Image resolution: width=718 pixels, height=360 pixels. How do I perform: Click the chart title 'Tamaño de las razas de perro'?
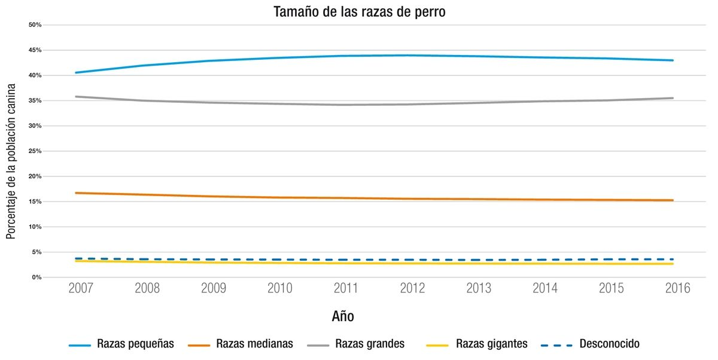click(x=359, y=11)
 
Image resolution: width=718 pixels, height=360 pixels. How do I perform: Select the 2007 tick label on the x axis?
click(x=81, y=288)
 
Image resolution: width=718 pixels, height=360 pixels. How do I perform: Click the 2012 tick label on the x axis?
click(x=412, y=288)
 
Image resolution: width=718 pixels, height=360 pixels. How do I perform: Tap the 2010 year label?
click(x=279, y=288)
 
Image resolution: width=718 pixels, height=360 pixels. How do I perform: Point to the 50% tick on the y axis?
click(x=35, y=25)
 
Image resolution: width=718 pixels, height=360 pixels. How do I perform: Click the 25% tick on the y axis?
click(x=35, y=151)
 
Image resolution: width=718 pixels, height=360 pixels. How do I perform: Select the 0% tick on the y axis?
click(x=36, y=277)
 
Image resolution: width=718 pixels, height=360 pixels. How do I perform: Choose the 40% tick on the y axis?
click(x=35, y=75)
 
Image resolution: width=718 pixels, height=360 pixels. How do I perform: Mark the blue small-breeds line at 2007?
click(x=76, y=72)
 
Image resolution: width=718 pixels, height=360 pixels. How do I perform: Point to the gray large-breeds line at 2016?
click(x=673, y=98)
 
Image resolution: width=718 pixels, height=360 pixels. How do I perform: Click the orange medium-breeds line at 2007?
click(x=76, y=193)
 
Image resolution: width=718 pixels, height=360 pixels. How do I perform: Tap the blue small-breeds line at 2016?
click(x=673, y=60)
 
